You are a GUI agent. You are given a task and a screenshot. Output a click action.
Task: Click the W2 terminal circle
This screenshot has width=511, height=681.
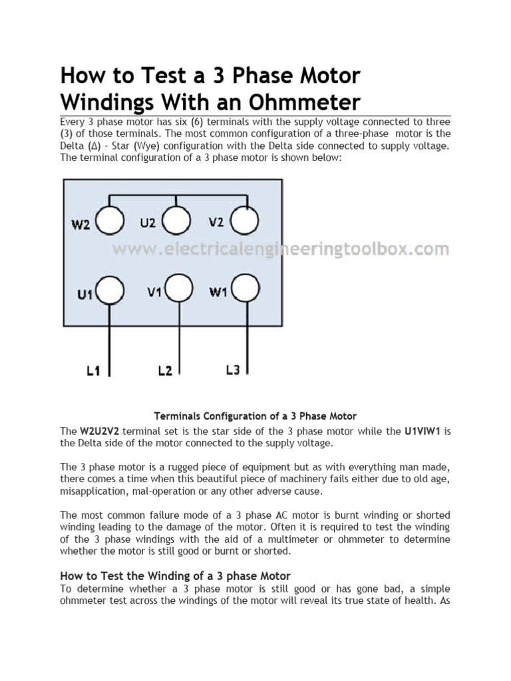(x=110, y=222)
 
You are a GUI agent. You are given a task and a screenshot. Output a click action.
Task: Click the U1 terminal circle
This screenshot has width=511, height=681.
(x=111, y=291)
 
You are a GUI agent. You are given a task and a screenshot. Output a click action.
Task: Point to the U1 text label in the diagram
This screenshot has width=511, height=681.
(x=85, y=294)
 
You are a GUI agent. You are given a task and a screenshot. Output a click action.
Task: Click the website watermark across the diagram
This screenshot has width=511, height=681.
(x=280, y=250)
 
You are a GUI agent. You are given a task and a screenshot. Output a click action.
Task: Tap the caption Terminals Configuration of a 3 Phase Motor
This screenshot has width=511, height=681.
(x=255, y=416)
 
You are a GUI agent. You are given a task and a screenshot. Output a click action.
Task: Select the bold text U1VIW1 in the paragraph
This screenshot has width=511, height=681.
(x=423, y=431)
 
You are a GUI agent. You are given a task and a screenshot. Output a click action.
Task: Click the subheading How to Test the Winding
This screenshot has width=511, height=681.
(x=176, y=575)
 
